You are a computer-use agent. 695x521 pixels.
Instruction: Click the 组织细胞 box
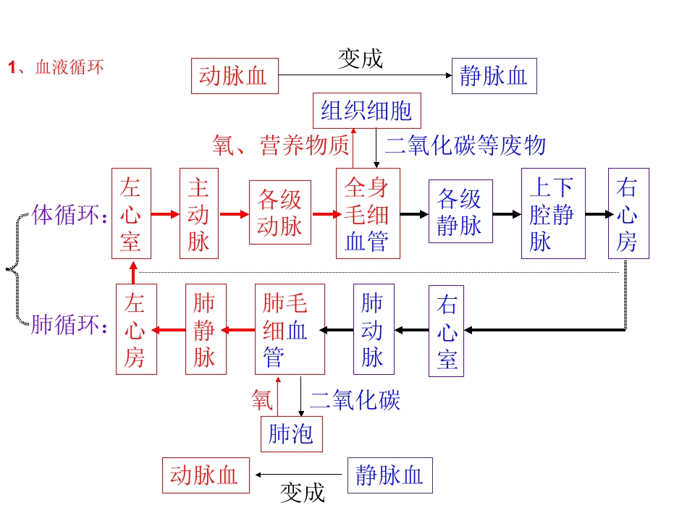point(366,111)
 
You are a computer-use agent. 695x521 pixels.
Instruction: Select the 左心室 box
point(131,213)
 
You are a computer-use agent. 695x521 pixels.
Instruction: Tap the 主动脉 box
point(199,213)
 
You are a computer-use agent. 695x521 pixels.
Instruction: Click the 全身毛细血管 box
point(368,213)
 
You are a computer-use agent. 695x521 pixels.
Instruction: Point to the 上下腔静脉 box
point(553,213)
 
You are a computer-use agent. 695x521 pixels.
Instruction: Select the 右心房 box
point(628,213)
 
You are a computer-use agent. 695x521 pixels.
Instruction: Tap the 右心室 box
point(447,331)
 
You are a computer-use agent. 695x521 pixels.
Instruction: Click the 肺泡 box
point(291,433)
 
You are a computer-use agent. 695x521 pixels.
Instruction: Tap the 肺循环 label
point(68,325)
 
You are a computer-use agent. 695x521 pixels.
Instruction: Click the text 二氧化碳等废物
point(465,145)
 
